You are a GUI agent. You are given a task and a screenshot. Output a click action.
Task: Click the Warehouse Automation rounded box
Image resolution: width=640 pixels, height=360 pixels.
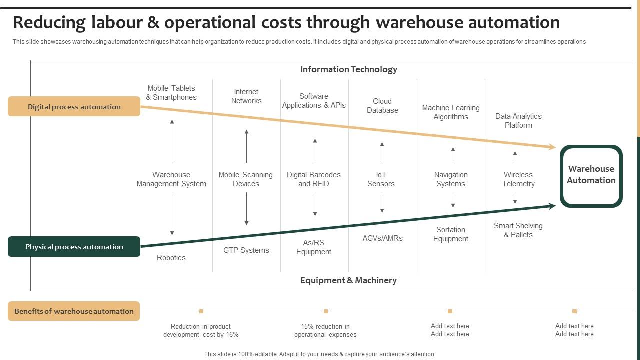[591, 176]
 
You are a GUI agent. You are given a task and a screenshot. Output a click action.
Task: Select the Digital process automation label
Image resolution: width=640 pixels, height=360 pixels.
[74, 106]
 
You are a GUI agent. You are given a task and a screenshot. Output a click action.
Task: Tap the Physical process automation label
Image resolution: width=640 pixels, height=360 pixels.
[74, 247]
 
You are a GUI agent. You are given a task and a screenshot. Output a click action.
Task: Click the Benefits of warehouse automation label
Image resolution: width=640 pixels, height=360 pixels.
[74, 311]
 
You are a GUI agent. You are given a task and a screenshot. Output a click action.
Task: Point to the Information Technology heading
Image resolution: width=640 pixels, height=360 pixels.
[348, 69]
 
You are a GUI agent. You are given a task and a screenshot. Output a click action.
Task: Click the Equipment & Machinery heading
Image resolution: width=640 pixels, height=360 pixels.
[348, 280]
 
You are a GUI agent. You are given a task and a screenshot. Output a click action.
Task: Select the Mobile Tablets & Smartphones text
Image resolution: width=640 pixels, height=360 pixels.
[171, 93]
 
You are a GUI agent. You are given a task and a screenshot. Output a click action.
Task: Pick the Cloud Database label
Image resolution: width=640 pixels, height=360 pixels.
[382, 106]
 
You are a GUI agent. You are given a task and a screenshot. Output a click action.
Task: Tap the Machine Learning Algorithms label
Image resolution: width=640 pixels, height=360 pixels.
[451, 112]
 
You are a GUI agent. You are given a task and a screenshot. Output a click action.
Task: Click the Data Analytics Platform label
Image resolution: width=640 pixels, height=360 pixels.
[518, 121]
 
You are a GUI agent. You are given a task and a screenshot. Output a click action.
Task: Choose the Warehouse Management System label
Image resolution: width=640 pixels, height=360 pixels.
[171, 179]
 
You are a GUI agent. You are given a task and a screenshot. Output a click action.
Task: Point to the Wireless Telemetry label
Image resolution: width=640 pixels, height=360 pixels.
[518, 179]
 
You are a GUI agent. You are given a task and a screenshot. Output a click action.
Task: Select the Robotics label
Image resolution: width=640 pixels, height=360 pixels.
[171, 258]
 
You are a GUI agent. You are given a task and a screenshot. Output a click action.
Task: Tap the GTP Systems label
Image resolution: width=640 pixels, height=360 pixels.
[246, 250]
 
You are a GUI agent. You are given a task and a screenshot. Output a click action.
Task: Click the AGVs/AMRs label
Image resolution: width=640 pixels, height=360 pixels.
[382, 238]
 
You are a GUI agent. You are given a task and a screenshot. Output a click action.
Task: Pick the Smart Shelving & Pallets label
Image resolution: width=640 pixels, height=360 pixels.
[518, 230]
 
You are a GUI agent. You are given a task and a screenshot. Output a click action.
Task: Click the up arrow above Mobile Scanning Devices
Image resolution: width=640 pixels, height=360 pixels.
[246, 146]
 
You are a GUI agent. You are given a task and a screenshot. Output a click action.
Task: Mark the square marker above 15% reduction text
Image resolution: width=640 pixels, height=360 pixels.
[326, 311]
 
